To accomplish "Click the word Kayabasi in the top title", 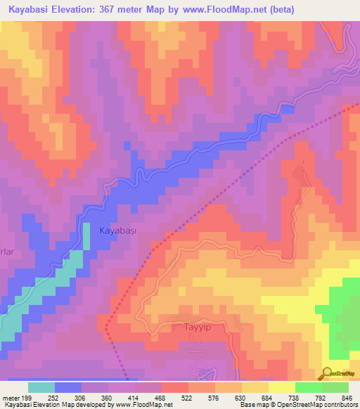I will pyautogui.click(x=27, y=10).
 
